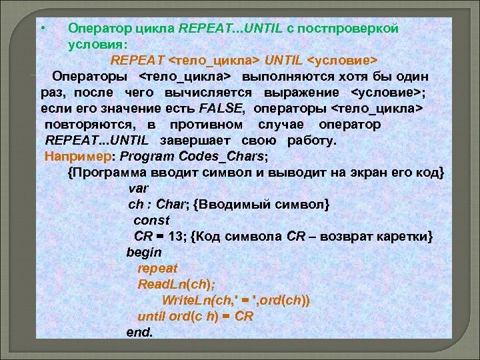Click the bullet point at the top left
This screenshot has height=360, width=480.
(x=41, y=27)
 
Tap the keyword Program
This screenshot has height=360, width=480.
(x=149, y=157)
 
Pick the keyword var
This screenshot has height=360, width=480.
(x=138, y=188)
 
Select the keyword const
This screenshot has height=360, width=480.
(x=151, y=219)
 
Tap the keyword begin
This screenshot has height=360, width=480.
(x=144, y=252)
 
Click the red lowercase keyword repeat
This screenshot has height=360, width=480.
(x=157, y=268)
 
